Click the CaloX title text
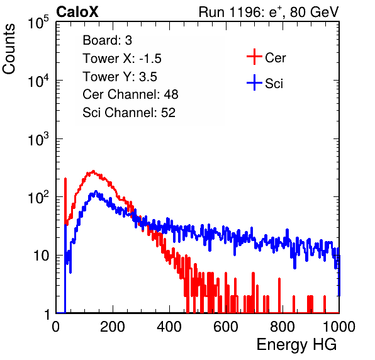(77, 12)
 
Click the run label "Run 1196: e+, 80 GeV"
(269, 12)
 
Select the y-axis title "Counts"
(9, 49)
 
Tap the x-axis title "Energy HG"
(296, 345)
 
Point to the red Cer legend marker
(254, 57)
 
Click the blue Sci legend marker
(254, 83)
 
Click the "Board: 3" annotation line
(107, 40)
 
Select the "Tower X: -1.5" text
(122, 59)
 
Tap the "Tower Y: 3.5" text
(120, 77)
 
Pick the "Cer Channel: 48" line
(130, 94)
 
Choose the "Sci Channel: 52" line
(129, 113)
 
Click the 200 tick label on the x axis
(113, 327)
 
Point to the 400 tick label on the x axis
(169, 327)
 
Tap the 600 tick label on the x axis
(226, 327)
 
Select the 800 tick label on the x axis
(283, 327)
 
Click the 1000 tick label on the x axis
(339, 327)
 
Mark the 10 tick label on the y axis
(42, 256)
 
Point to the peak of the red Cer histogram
(93, 171)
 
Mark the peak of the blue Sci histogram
(96, 191)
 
